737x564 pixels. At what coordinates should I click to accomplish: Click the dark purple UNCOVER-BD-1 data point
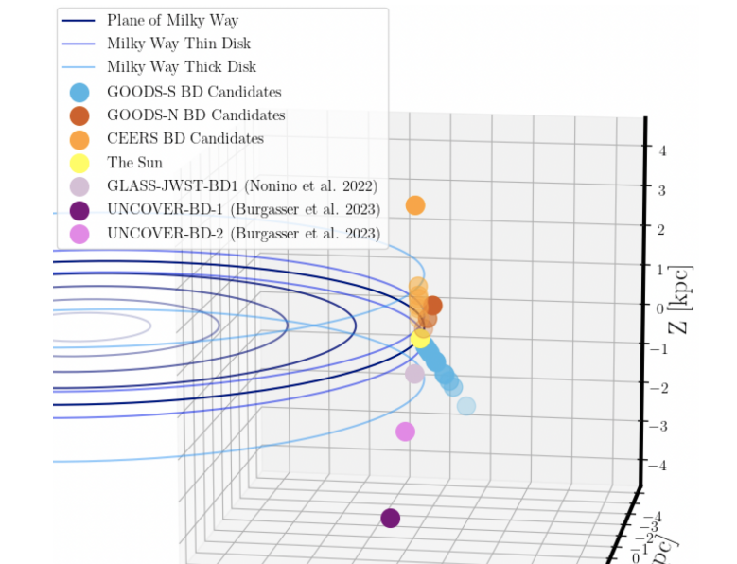point(390,518)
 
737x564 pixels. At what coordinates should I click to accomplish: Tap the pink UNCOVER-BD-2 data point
point(405,432)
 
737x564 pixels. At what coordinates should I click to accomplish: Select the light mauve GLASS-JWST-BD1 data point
point(414,374)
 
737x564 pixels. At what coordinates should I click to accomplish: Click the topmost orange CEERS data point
point(414,205)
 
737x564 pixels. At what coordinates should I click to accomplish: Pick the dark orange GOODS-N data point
point(432,306)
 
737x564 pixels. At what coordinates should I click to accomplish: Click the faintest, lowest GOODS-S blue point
point(465,406)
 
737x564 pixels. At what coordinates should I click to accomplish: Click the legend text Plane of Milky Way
point(172,20)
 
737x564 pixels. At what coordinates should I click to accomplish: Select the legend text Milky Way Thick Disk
point(182,67)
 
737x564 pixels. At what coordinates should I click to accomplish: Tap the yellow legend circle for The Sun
point(80,163)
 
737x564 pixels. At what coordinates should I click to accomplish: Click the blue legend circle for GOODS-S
point(80,92)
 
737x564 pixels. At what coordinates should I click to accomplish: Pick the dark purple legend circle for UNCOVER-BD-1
point(80,210)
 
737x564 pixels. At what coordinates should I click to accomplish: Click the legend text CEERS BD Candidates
point(185,139)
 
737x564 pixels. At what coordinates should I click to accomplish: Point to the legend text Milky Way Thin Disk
point(179,44)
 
